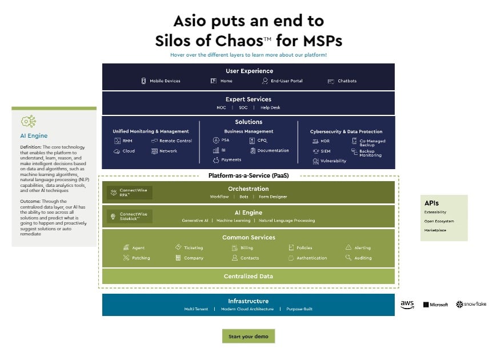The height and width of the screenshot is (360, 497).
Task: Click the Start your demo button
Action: (248, 336)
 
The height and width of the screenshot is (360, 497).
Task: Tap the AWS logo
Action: (407, 305)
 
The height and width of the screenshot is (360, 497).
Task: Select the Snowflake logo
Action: (471, 305)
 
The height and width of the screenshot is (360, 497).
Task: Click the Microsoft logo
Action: (435, 305)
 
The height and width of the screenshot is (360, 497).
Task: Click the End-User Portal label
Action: (286, 81)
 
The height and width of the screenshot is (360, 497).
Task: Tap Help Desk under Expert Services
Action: (270, 107)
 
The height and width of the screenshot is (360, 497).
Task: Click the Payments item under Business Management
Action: (231, 160)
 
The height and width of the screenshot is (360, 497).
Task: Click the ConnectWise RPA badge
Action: (130, 193)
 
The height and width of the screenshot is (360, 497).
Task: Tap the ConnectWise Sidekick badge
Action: (130, 217)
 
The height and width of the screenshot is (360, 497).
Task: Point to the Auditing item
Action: (362, 258)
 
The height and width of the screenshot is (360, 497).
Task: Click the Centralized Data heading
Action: (248, 276)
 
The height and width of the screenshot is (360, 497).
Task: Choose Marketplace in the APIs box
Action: (435, 230)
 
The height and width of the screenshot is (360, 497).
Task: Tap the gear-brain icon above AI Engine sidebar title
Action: (28, 121)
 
